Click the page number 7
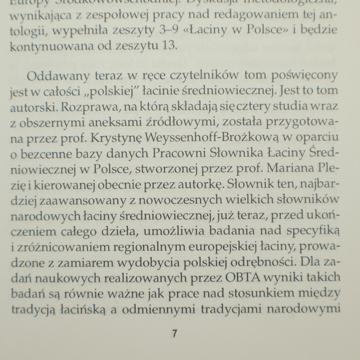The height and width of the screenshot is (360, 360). (x=174, y=333)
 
